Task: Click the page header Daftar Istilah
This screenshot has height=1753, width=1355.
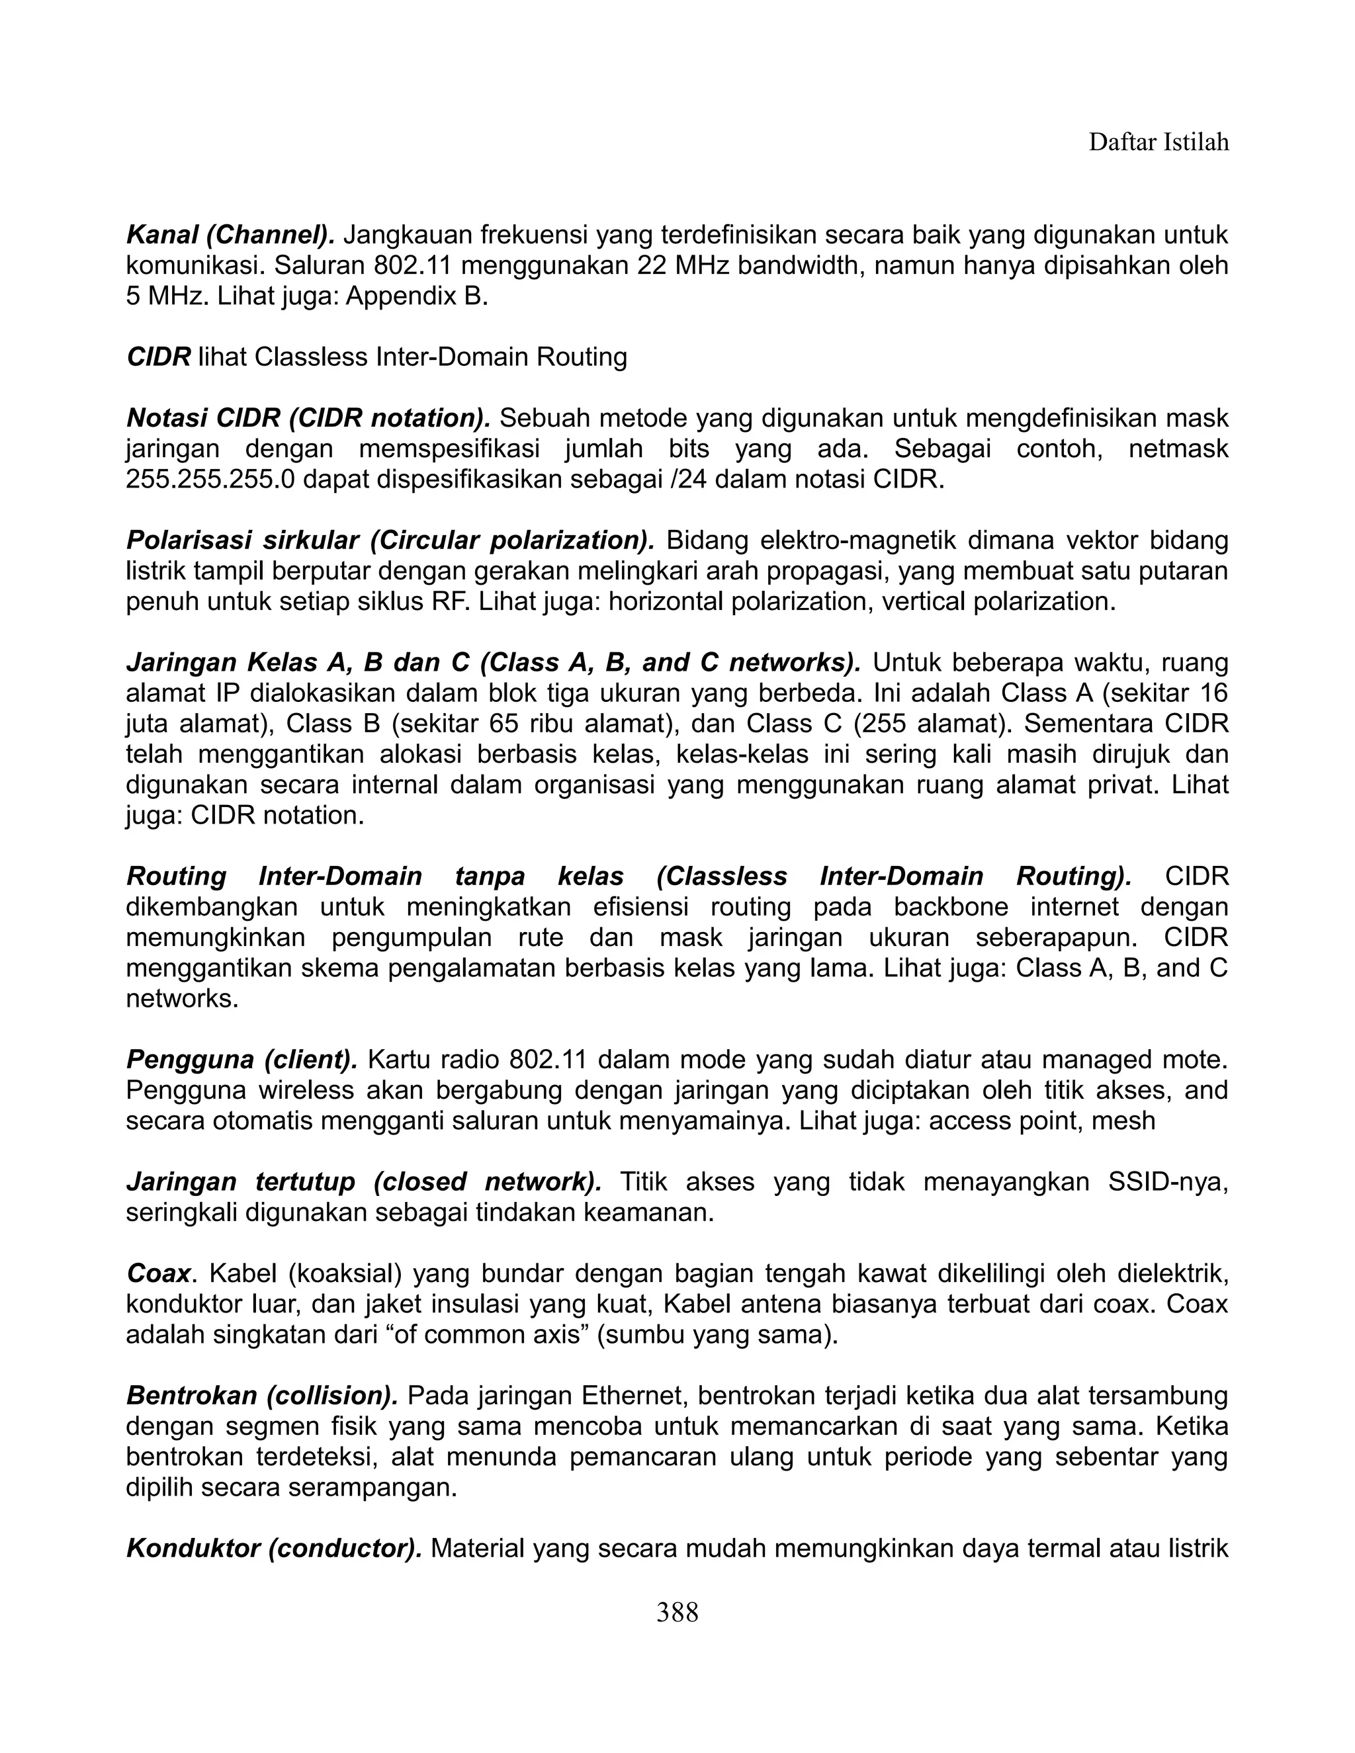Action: (x=1158, y=143)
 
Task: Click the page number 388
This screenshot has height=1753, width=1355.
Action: (x=677, y=1611)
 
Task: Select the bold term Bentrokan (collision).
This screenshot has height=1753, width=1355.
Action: (x=262, y=1396)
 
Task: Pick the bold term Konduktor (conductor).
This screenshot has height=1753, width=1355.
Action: (x=274, y=1549)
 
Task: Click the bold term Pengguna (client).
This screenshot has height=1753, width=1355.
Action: (x=241, y=1060)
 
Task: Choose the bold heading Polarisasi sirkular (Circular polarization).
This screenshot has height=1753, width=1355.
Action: (x=390, y=540)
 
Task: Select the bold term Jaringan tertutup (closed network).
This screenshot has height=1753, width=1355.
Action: (x=364, y=1182)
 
